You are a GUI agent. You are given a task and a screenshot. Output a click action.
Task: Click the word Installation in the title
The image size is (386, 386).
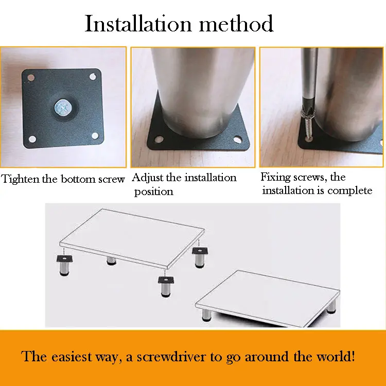138,24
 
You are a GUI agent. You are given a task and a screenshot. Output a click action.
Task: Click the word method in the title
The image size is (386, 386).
236,24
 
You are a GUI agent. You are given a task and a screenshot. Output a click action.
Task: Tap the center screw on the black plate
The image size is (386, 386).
62,108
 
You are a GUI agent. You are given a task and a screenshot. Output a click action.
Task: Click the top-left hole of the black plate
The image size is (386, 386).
31,78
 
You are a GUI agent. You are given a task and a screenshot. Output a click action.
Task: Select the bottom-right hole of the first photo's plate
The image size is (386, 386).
95,135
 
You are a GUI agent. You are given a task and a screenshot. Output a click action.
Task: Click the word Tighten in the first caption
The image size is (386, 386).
21,179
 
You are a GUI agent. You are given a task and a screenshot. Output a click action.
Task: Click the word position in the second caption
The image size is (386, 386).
153,192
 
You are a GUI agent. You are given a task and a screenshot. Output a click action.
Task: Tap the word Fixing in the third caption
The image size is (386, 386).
275,177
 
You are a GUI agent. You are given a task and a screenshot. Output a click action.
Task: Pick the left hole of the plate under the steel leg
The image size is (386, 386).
159,139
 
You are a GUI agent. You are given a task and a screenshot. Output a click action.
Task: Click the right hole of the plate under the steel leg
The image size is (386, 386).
237,139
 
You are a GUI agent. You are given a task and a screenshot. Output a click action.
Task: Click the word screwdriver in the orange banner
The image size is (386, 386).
171,357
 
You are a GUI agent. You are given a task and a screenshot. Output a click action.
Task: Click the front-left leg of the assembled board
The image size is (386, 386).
206,315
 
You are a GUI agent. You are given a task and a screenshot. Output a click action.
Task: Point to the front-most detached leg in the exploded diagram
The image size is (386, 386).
166,287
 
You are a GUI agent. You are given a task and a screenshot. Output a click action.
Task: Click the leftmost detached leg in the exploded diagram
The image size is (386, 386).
64,266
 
